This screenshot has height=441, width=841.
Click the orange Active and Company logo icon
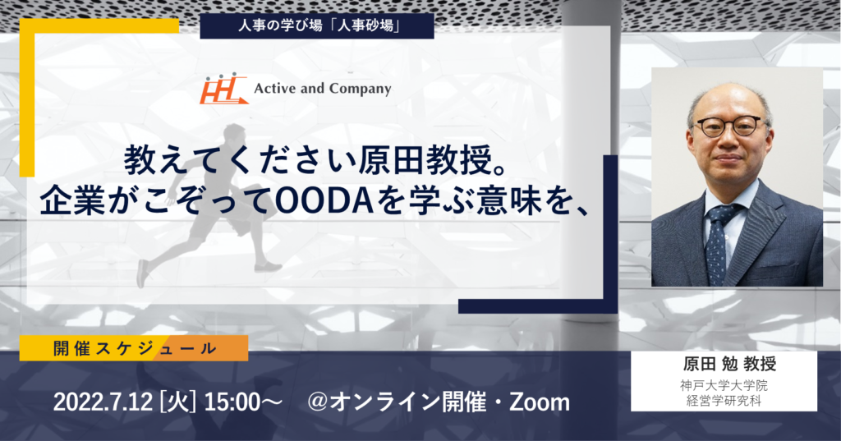point(223,88)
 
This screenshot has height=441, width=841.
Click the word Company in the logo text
point(360,89)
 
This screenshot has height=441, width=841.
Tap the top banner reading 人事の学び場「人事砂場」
point(316,25)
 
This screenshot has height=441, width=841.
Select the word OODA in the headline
point(312,201)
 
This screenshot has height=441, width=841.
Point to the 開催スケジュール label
point(134,348)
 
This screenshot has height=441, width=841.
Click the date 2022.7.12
point(103,402)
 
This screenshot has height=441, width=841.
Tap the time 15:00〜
point(243,402)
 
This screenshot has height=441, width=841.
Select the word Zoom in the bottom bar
point(539,402)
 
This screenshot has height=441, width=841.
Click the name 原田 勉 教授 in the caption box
point(729,365)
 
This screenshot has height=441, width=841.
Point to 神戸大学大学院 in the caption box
point(724,385)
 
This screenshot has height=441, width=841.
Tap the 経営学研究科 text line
point(724,400)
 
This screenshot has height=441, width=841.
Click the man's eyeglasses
point(730,126)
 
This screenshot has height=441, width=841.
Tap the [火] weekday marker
point(178,402)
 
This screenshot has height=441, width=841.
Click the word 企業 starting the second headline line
point(72,201)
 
